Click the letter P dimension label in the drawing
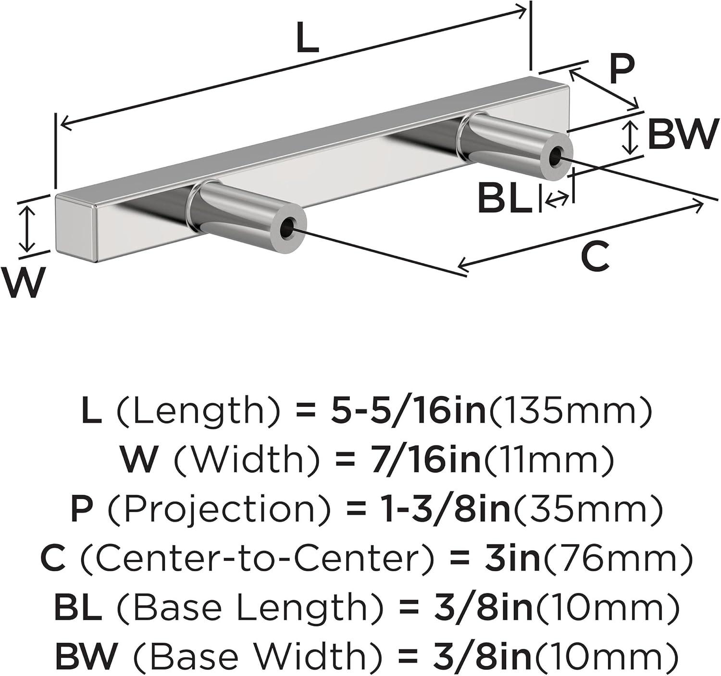pos(622,69)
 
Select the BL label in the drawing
pos(505,198)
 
